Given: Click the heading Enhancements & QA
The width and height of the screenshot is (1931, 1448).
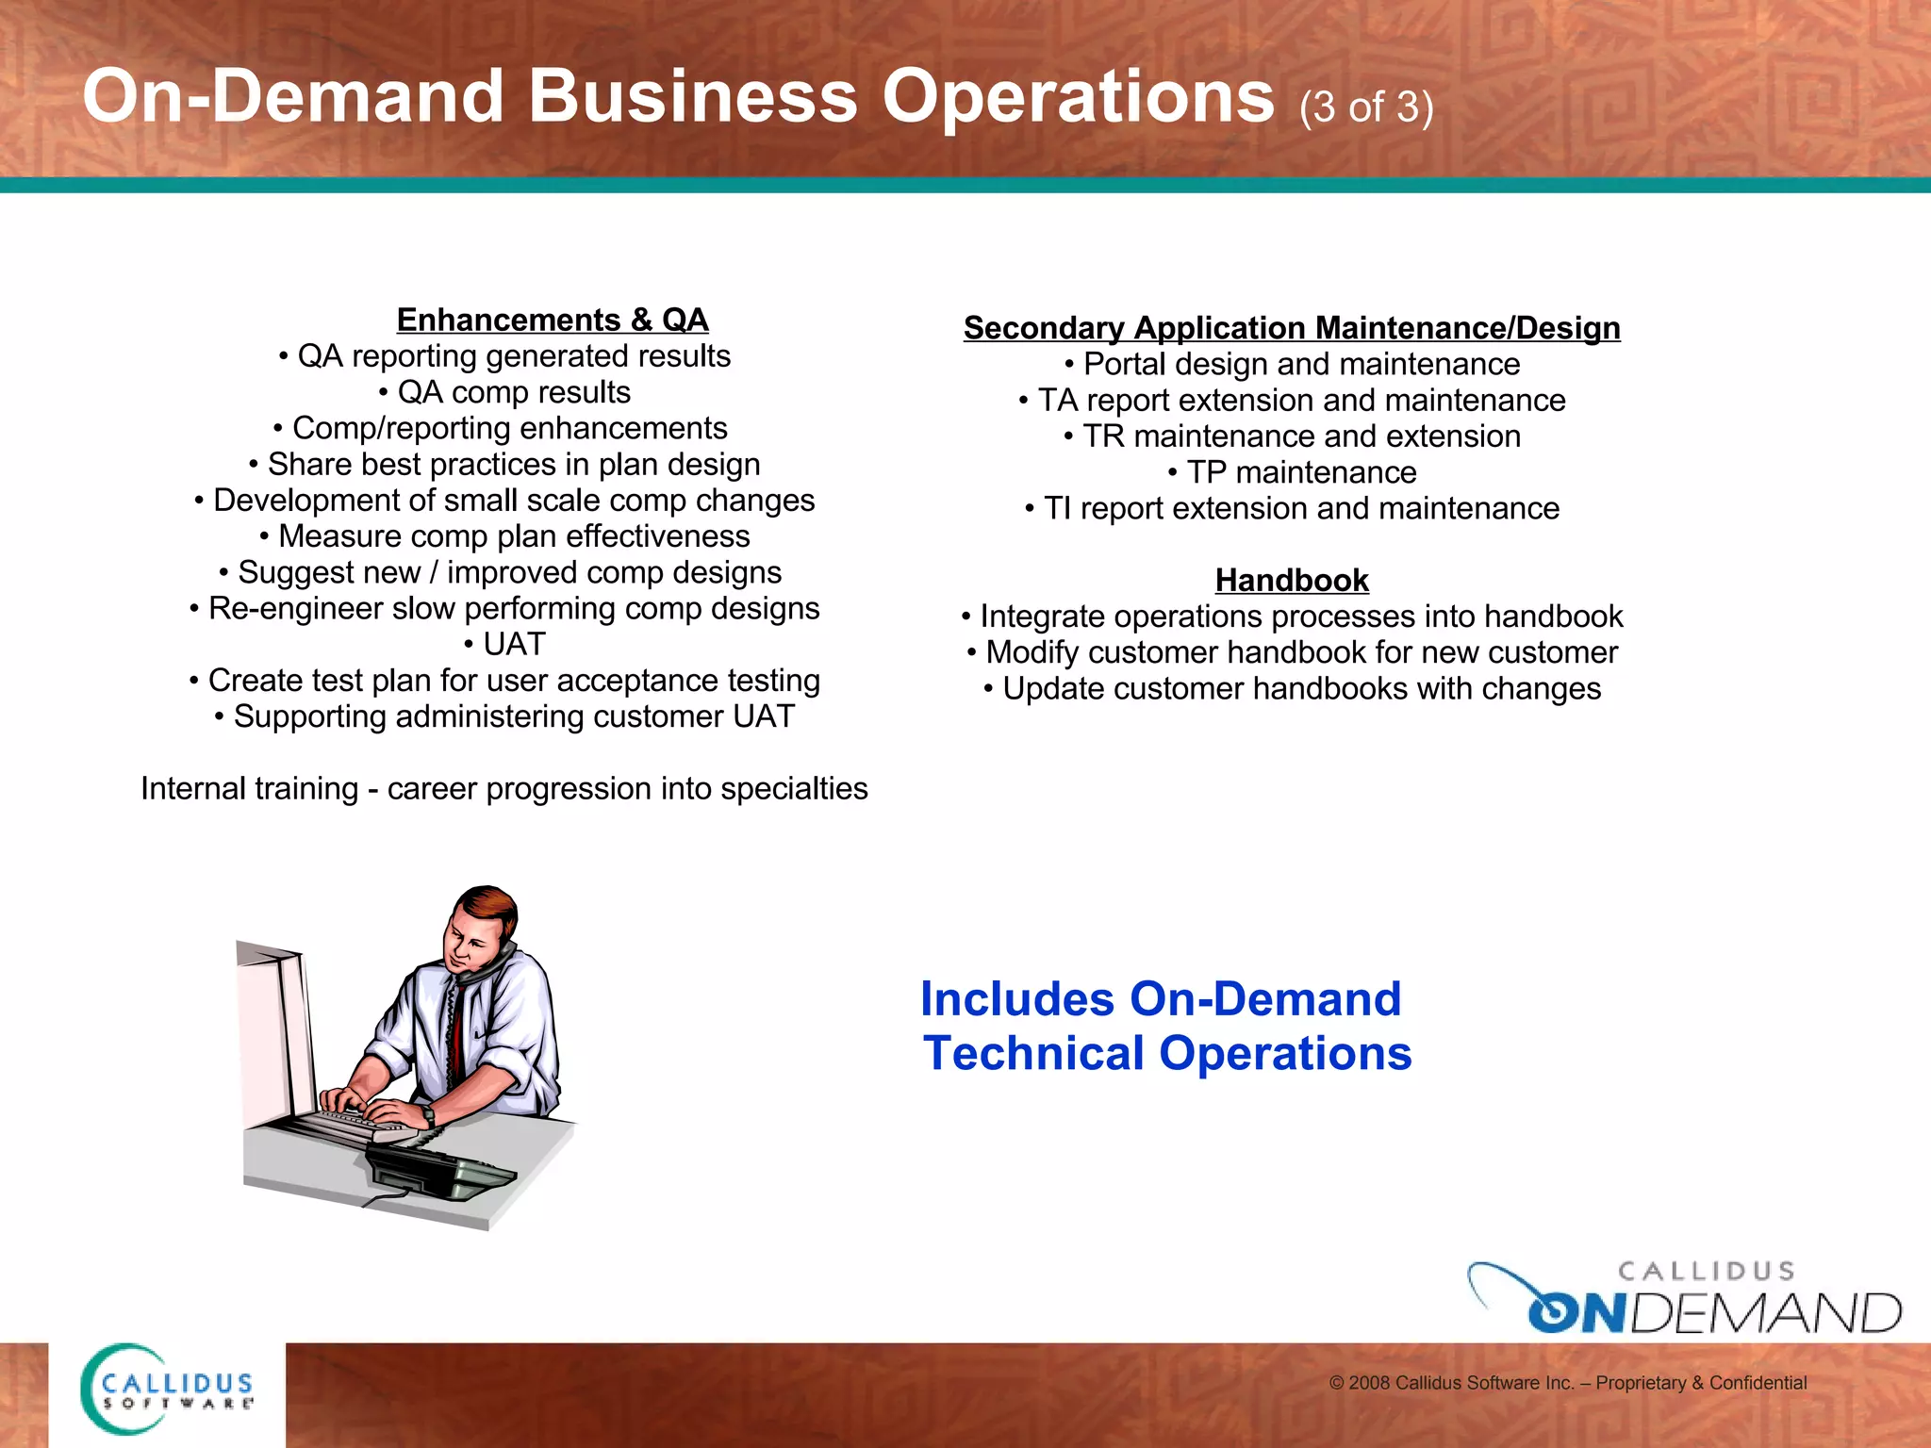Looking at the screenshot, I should [552, 320].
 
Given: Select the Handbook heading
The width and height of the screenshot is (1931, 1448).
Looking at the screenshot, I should [1291, 580].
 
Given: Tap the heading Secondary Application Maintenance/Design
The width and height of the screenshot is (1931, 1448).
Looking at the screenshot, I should [1291, 328].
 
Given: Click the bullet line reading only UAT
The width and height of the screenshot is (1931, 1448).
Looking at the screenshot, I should [505, 644].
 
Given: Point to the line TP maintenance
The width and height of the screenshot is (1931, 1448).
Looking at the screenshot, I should [1293, 472].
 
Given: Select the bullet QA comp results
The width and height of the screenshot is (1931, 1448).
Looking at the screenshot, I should [505, 392].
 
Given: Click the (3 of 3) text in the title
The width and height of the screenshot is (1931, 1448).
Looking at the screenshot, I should [1365, 107].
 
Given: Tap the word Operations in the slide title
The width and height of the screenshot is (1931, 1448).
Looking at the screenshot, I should [1078, 97].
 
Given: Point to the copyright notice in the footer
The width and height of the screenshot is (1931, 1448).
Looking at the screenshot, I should [1567, 1383].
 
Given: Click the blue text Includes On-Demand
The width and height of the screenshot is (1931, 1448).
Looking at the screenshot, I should [1161, 999].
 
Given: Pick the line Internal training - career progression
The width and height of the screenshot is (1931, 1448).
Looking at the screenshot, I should [504, 788].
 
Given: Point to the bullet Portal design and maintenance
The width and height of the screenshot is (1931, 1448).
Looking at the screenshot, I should [1293, 364].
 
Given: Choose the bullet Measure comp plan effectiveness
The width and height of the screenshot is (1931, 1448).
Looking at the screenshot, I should [505, 536].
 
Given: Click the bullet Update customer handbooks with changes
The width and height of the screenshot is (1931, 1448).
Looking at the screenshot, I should [1293, 689].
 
